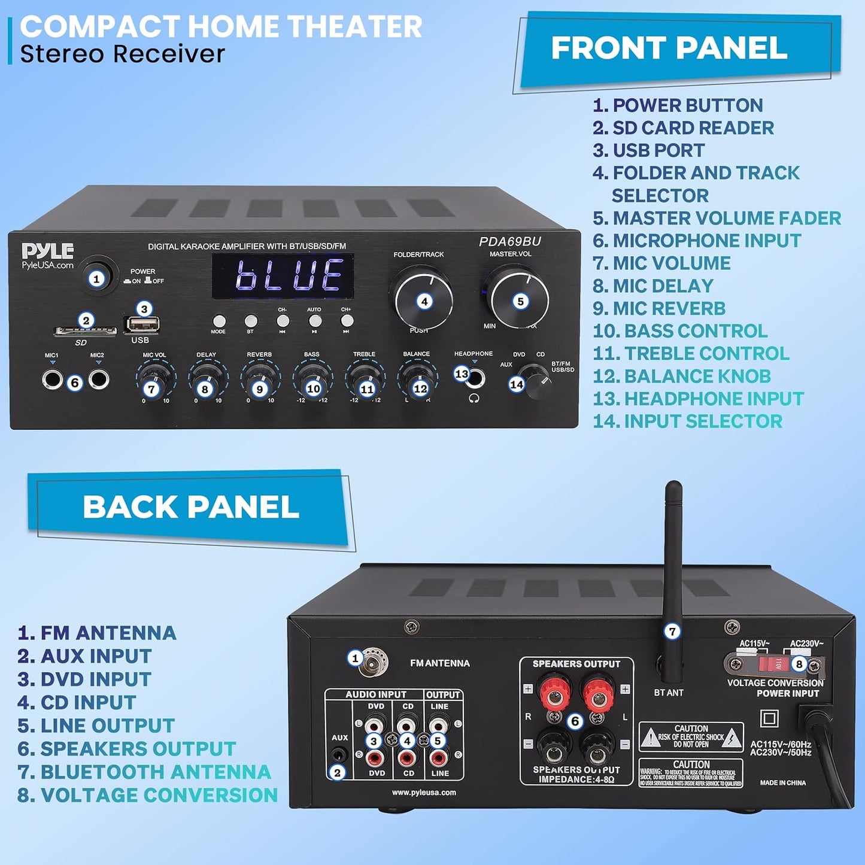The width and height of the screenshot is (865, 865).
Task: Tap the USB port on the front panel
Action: click(x=142, y=324)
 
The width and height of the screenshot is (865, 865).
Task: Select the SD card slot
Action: click(x=85, y=330)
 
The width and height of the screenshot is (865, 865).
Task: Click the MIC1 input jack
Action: click(x=52, y=380)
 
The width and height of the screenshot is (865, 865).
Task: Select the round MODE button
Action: click(x=219, y=321)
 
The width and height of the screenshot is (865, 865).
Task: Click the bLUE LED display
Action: click(x=283, y=276)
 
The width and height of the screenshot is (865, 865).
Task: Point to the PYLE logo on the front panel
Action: click(x=47, y=251)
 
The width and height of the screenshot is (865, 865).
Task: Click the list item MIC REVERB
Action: click(x=659, y=308)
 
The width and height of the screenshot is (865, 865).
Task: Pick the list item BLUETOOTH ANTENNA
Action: click(x=144, y=772)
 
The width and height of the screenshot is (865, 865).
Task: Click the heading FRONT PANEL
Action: click(x=669, y=48)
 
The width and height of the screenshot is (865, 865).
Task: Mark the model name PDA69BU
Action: click(x=510, y=242)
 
